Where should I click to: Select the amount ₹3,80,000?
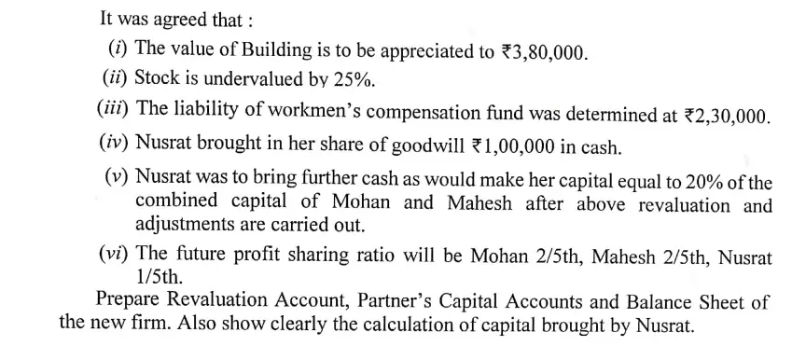[541, 50]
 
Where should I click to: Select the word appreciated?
[420, 50]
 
